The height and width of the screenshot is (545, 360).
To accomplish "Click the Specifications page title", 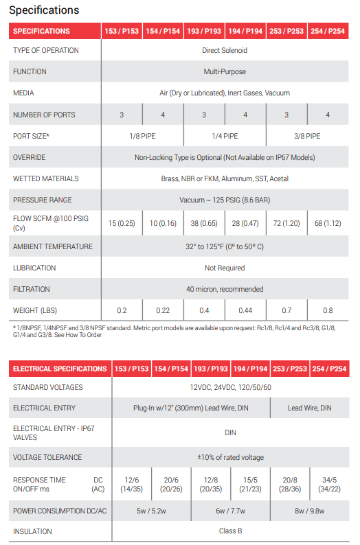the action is pyautogui.click(x=44, y=10).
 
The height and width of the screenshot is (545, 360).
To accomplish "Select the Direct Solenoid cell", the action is pyautogui.click(x=225, y=51).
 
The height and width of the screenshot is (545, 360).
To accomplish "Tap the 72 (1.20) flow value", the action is pyautogui.click(x=286, y=223).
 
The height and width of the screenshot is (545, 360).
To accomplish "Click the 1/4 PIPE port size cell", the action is pyautogui.click(x=225, y=136).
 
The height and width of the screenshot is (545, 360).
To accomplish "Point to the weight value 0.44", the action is pyautogui.click(x=245, y=310).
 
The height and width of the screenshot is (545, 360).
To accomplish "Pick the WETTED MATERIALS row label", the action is pyautogui.click(x=42, y=178).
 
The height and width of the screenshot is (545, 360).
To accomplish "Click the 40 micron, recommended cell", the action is pyautogui.click(x=225, y=289).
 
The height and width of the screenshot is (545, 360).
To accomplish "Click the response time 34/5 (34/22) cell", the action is pyautogui.click(x=328, y=484).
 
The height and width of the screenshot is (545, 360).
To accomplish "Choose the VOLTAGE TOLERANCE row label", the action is pyautogui.click(x=47, y=457).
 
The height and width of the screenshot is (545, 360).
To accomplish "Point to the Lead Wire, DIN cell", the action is pyautogui.click(x=309, y=408).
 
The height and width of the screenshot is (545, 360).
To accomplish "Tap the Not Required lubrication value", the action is pyautogui.click(x=225, y=268).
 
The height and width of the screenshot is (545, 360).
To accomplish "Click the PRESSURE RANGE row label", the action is pyautogui.click(x=42, y=200).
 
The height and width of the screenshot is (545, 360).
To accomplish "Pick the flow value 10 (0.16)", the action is pyautogui.click(x=163, y=223).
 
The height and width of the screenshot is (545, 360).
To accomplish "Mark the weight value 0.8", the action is pyautogui.click(x=328, y=310).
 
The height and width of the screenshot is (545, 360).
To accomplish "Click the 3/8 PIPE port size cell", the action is pyautogui.click(x=307, y=136).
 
